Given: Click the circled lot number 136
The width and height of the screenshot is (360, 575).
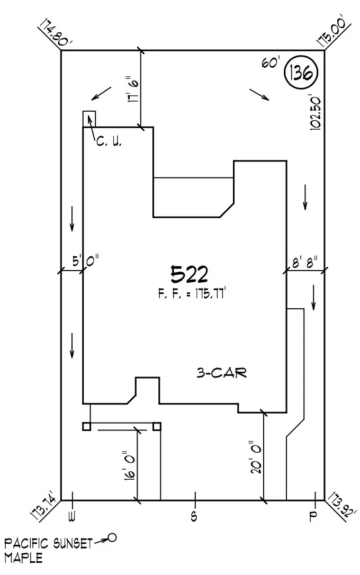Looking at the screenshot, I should coord(301,74).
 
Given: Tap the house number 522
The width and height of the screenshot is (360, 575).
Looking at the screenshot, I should coord(189,274).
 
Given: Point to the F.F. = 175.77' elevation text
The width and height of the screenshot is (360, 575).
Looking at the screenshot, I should coord(192,294).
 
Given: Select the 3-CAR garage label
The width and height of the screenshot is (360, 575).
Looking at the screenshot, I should coord(221,373).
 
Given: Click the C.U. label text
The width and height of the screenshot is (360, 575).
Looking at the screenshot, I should coord(109,142).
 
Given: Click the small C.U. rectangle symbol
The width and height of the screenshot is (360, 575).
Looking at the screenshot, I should coord(89,119).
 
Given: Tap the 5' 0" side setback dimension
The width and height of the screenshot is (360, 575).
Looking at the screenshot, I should coord(85,260).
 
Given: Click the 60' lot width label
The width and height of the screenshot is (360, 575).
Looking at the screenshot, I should coord(270,62).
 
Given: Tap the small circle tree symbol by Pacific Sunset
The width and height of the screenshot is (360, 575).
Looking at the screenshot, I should coord(111,538).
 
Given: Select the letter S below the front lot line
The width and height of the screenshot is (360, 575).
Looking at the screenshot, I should coord(194,516).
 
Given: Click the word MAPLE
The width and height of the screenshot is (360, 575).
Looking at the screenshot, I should coord(24,558).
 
